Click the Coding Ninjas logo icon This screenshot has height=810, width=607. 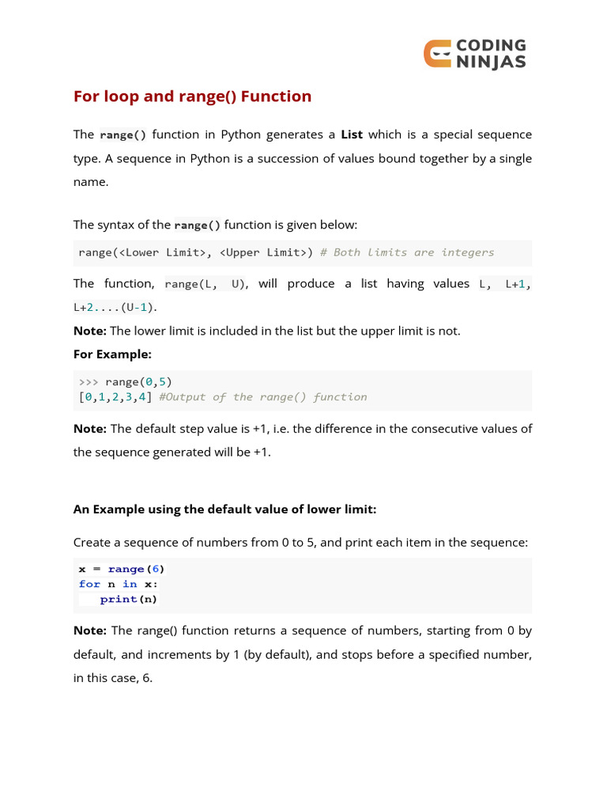pyautogui.click(x=438, y=54)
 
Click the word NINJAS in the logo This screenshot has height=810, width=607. pyautogui.click(x=491, y=62)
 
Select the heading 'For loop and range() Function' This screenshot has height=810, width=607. pyautogui.click(x=192, y=97)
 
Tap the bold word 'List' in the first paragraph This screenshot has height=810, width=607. pyautogui.click(x=352, y=134)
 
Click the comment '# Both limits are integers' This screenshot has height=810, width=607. pyautogui.click(x=407, y=252)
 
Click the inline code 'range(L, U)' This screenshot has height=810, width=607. pyautogui.click(x=205, y=284)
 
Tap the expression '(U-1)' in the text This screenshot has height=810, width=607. pyautogui.click(x=139, y=307)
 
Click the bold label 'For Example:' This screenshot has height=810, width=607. pyautogui.click(x=112, y=354)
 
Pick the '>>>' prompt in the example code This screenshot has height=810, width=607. pyautogui.click(x=89, y=381)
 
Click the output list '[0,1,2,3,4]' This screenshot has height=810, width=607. pyautogui.click(x=115, y=397)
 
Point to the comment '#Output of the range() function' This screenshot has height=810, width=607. pyautogui.click(x=263, y=397)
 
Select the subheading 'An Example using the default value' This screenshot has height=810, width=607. pyautogui.click(x=224, y=509)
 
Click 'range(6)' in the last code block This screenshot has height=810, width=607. pyautogui.click(x=137, y=569)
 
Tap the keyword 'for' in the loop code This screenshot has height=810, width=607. pyautogui.click(x=89, y=584)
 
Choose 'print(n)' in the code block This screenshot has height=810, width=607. pyautogui.click(x=129, y=599)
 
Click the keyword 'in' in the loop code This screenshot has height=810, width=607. pyautogui.click(x=130, y=584)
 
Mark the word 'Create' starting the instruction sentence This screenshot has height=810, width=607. pyautogui.click(x=93, y=543)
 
